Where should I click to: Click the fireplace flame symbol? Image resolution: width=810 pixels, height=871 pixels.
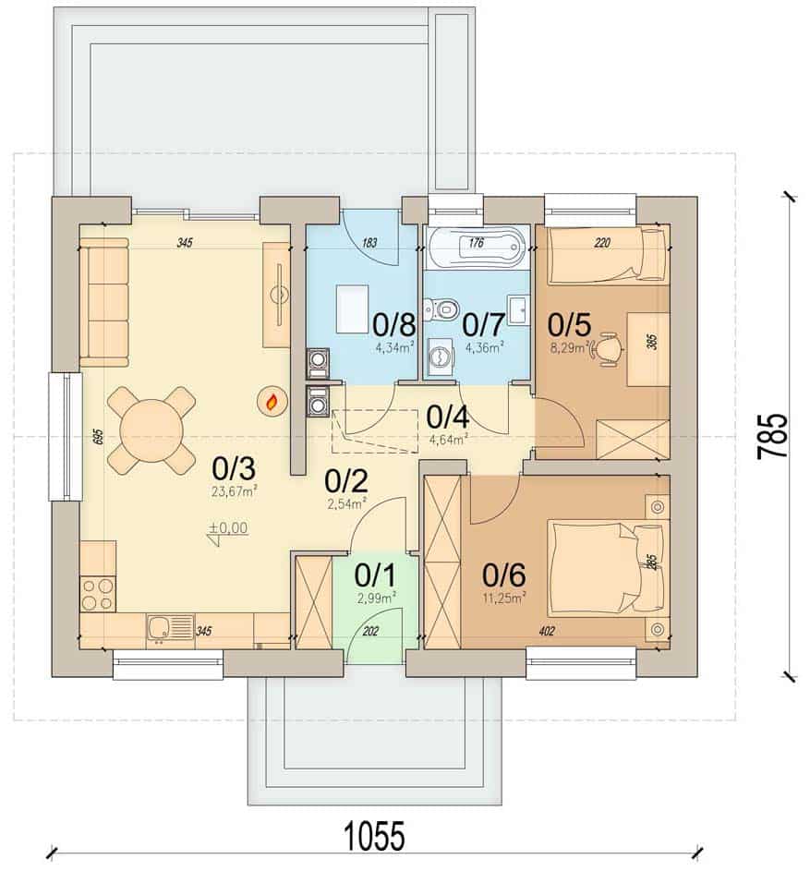272,401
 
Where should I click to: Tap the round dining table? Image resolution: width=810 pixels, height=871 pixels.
151,429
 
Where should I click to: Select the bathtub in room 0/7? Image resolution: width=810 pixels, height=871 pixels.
476,248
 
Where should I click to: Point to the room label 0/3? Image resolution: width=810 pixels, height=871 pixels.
234,469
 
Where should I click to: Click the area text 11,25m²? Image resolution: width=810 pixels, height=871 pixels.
504,599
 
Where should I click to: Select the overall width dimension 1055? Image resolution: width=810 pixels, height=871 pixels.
374,837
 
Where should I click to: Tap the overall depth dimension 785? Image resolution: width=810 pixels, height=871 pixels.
773,437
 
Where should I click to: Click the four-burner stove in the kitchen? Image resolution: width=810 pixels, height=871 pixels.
98,594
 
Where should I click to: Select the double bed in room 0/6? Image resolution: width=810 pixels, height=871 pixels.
608,567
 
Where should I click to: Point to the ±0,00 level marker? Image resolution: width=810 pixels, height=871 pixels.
228,529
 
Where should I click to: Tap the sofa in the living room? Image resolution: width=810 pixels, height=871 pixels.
104,302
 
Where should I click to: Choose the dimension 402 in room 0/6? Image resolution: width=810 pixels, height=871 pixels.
546,631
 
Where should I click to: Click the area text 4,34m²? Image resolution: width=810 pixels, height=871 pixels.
394,348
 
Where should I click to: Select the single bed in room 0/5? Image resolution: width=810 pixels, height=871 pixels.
608,256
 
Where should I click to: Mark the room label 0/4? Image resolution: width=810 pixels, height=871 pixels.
448,417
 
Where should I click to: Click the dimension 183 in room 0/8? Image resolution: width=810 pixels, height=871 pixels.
369,243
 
